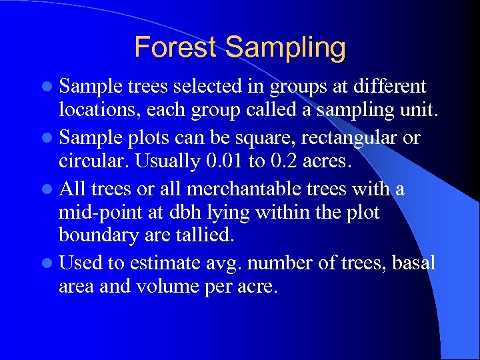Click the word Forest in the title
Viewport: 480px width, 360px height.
(176, 47)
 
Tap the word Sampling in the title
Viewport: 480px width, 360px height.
(285, 49)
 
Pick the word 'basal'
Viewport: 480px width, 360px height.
(413, 263)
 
